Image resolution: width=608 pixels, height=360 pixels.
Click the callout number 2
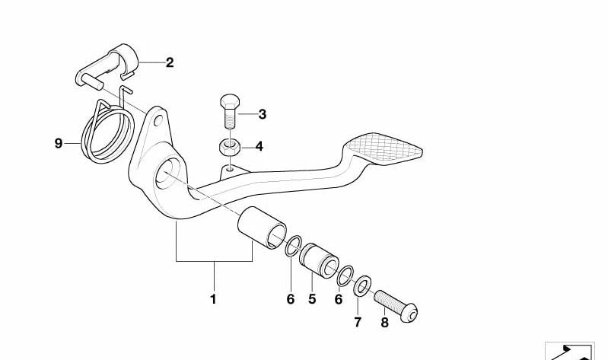[170, 62]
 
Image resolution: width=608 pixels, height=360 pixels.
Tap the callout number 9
[58, 144]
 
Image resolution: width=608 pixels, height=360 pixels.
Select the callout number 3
[262, 114]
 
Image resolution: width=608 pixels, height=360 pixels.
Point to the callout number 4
[259, 147]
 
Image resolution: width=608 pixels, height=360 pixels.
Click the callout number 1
[213, 299]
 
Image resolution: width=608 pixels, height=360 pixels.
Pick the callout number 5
[312, 299]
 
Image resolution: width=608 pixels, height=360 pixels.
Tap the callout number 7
[358, 322]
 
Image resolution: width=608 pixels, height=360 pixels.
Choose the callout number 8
[384, 323]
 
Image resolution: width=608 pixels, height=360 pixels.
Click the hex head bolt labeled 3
[230, 110]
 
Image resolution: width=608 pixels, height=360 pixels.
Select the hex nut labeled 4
[229, 147]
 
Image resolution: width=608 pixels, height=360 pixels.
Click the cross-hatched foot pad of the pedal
[383, 149]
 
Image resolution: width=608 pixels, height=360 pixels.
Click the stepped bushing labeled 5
[319, 261]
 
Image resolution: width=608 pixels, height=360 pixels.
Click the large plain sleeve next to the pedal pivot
[262, 228]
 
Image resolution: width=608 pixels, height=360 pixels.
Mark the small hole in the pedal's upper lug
[158, 120]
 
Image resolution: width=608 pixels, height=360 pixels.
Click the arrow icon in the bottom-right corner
[570, 351]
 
